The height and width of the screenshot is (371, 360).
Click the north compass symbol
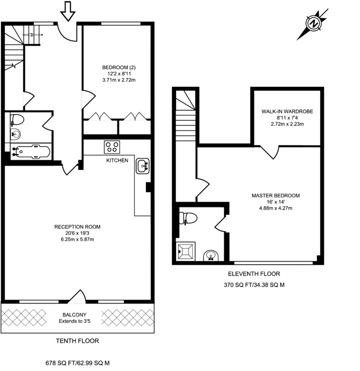tap(313, 24)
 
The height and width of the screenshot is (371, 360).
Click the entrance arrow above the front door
tap(68, 11)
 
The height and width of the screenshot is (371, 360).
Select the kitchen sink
tap(143, 166)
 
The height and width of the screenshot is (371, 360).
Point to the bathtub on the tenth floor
tap(31, 151)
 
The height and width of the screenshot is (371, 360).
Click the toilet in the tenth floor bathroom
tap(17, 120)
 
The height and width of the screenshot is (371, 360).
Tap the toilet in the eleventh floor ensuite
tap(188, 218)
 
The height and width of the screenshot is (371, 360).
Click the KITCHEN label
tap(117, 160)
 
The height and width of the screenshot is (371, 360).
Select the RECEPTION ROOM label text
tap(77, 227)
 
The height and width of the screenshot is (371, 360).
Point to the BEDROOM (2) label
tap(116, 67)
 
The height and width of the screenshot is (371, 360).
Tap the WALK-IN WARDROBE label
tap(287, 111)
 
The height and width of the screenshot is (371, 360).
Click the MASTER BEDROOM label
tap(275, 195)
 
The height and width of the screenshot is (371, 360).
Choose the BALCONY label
tap(74, 315)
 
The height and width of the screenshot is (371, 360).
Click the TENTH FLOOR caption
tap(77, 341)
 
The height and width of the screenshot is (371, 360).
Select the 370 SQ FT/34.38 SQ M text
tap(254, 285)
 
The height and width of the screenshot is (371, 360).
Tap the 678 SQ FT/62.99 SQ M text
tap(78, 363)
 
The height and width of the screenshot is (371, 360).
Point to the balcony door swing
tap(77, 297)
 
